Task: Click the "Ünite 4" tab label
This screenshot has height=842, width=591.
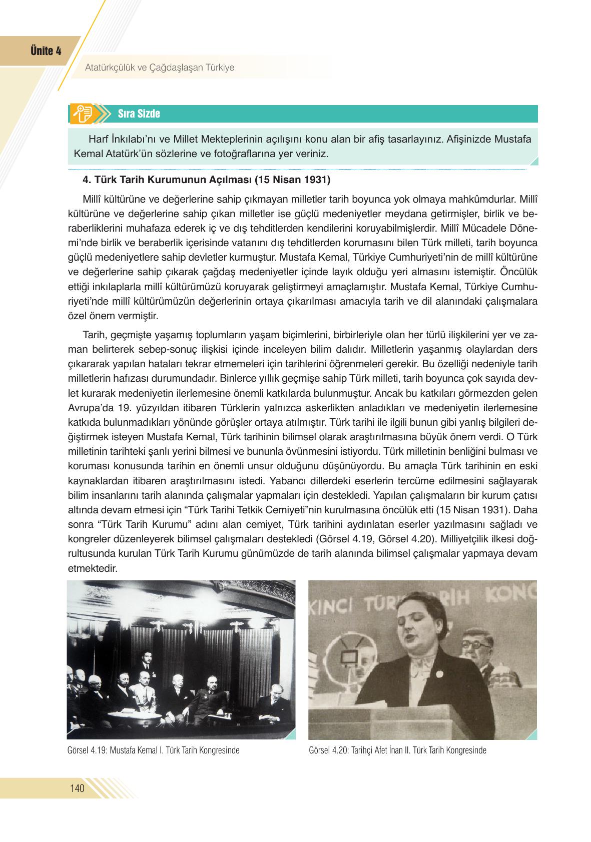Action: (x=46, y=51)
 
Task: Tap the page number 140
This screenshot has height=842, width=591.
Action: (x=78, y=788)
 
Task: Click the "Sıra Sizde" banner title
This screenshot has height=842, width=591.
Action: (x=139, y=114)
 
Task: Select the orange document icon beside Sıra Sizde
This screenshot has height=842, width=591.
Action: (x=81, y=114)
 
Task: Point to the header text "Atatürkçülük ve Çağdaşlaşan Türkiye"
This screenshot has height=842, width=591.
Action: (x=160, y=67)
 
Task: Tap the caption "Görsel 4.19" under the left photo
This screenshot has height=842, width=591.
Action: (x=87, y=750)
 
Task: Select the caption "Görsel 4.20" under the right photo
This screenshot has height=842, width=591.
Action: (x=329, y=750)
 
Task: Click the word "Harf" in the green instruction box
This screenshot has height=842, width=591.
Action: (x=98, y=139)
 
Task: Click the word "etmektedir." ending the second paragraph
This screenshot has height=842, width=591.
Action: (x=92, y=568)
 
